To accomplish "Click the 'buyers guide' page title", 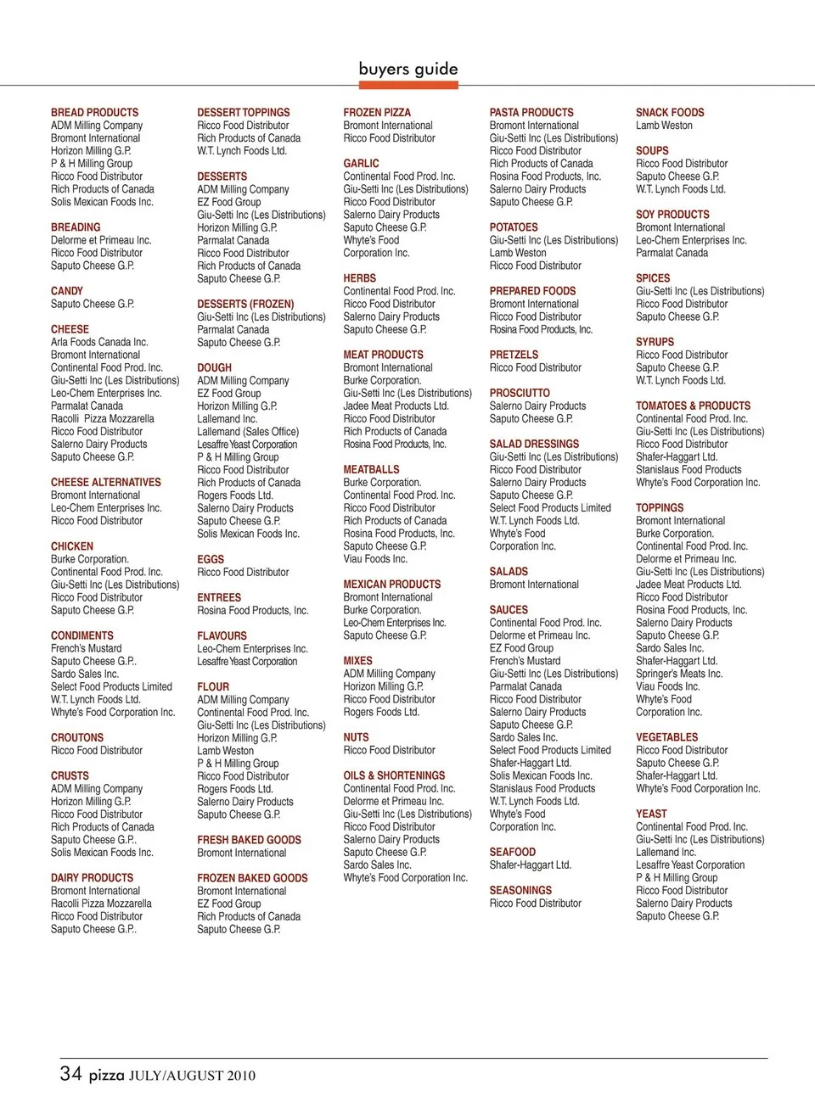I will (408, 69).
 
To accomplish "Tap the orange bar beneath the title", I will (408, 85).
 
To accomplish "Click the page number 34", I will (70, 1073).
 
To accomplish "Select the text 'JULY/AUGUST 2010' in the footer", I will (192, 1076).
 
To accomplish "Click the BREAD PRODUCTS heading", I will (94, 112).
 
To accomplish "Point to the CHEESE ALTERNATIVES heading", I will (105, 482).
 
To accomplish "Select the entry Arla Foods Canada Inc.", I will (99, 342).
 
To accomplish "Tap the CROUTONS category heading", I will (77, 737).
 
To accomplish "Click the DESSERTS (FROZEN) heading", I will (245, 304).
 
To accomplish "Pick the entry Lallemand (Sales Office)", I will (248, 431).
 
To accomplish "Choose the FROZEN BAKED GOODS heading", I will (252, 877).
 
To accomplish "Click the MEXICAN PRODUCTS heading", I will (391, 584).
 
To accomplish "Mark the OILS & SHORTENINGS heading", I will (394, 775).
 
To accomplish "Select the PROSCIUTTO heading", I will (520, 393).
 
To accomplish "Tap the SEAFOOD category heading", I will (513, 852).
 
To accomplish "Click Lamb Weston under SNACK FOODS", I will (664, 125).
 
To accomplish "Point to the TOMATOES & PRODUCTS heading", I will (693, 406).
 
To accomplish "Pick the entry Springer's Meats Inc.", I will (679, 674).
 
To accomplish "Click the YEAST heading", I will (651, 814).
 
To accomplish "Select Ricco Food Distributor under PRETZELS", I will (536, 367).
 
